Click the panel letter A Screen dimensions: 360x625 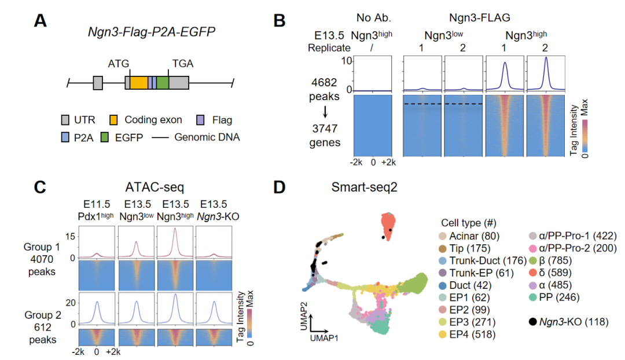pos(41,21)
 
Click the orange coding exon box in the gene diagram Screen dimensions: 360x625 pos(139,83)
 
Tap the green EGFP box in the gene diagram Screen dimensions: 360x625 pos(163,83)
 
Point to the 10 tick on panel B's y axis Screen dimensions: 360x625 pos(345,60)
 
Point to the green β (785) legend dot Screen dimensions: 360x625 pos(533,260)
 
